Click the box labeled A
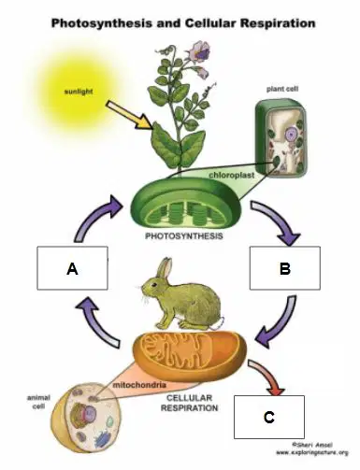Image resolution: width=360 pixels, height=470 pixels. click(72, 268)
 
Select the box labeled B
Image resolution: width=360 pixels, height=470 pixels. click(285, 268)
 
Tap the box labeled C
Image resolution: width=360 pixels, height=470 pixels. click(269, 417)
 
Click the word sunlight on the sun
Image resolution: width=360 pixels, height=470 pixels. click(79, 92)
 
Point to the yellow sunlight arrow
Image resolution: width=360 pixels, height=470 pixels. click(129, 115)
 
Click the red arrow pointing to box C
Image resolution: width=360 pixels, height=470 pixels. click(268, 377)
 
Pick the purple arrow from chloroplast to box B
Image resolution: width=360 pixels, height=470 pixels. click(276, 221)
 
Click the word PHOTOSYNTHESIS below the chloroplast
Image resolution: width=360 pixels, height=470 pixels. click(184, 236)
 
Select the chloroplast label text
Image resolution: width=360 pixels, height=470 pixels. click(231, 175)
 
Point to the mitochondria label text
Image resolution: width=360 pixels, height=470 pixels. click(139, 385)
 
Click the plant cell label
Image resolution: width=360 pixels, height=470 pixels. click(282, 89)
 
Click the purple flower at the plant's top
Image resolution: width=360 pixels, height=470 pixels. click(199, 51)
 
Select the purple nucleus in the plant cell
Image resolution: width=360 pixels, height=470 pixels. click(292, 135)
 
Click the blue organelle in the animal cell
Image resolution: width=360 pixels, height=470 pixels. click(102, 438)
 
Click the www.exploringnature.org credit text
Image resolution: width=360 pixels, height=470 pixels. click(311, 453)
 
